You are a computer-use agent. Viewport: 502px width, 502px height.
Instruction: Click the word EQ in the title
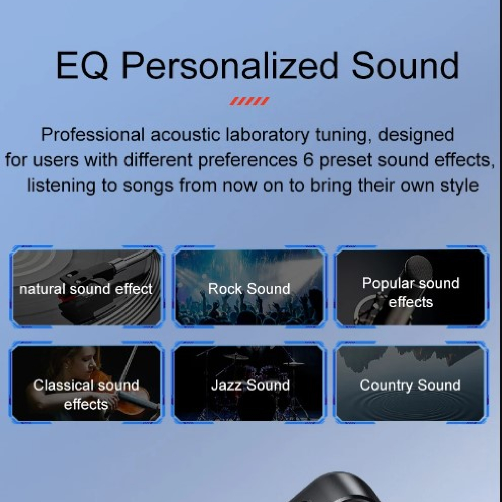[x=82, y=66]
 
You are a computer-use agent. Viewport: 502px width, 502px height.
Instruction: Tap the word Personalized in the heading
[x=230, y=66]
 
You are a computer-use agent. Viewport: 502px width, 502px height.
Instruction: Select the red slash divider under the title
[x=249, y=101]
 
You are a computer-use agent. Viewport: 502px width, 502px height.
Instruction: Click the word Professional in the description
[x=93, y=135]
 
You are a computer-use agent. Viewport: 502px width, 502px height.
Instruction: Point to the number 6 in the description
[x=308, y=160]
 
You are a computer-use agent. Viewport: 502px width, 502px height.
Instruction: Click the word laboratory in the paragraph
[x=268, y=135]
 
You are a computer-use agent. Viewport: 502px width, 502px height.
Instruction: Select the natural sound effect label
[x=86, y=289]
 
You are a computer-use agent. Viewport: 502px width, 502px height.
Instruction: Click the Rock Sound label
[x=249, y=289]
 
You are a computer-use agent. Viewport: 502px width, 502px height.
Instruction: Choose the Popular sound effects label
[x=411, y=293]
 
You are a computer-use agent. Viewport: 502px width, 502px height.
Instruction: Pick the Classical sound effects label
[x=86, y=395]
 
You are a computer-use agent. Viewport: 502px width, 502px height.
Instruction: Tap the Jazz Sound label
[x=250, y=385]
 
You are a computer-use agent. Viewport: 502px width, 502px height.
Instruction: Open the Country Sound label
[x=410, y=385]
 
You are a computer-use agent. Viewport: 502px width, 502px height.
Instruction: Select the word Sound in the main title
[x=405, y=66]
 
